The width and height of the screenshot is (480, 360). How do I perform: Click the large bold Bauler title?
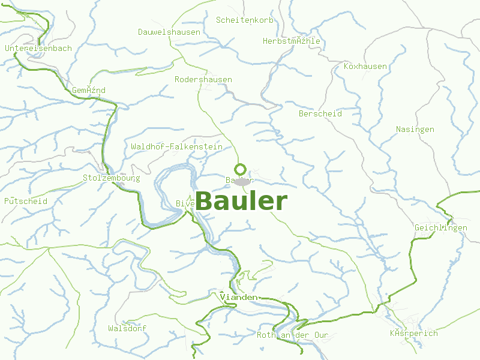click(x=241, y=202)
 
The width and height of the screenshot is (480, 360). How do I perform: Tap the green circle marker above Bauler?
click(x=241, y=169)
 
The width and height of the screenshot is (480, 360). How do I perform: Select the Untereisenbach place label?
click(x=38, y=48)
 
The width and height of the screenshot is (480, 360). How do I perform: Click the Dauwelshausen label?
click(x=169, y=32)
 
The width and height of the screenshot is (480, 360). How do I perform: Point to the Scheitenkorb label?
click(x=245, y=20)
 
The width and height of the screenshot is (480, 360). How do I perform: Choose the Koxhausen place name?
click(x=365, y=66)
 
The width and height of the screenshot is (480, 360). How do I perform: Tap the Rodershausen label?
click(x=203, y=79)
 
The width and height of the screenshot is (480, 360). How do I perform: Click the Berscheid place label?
click(x=320, y=113)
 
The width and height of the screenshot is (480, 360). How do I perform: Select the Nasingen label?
click(x=415, y=129)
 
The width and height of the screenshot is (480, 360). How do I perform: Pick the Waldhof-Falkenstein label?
click(x=176, y=146)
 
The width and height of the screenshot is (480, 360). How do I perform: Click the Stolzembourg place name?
click(x=112, y=178)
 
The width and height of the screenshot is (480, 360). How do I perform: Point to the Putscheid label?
click(x=26, y=201)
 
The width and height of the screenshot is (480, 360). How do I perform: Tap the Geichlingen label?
click(x=441, y=228)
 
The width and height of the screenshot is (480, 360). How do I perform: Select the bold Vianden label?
click(x=239, y=298)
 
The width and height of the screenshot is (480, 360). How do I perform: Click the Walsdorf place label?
click(x=127, y=328)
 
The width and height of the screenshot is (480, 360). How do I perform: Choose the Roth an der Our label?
click(x=293, y=335)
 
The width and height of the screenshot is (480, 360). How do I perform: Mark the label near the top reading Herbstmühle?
click(x=292, y=41)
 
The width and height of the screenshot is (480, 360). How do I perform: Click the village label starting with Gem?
click(x=89, y=90)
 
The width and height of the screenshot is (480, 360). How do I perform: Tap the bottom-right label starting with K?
click(x=414, y=333)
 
